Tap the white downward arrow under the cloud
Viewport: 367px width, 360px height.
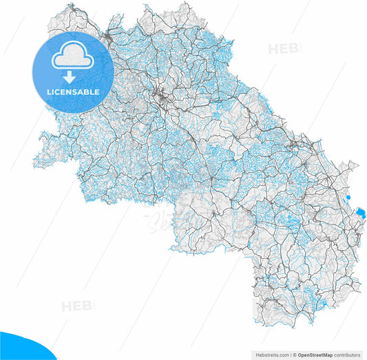70,76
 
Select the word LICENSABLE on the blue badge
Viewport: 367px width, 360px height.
73,92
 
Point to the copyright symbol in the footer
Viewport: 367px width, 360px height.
293,355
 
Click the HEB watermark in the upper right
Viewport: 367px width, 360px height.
283,50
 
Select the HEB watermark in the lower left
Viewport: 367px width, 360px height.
77,306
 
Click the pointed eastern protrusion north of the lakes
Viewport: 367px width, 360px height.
357,166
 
